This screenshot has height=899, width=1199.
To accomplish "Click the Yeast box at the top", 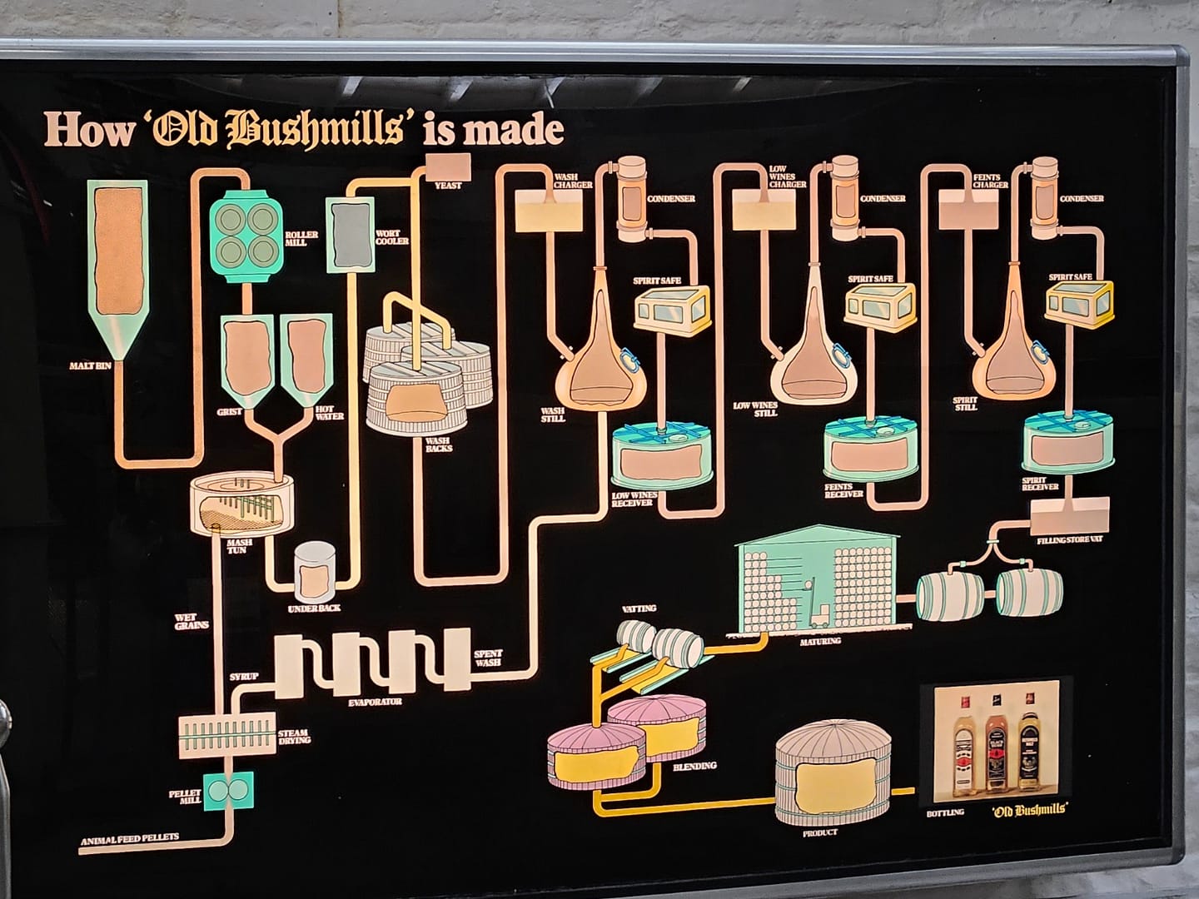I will [449, 166].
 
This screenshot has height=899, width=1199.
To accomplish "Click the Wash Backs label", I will [439, 444].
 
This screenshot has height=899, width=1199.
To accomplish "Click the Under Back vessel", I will [315, 572].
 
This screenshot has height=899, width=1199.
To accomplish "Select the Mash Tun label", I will [236, 546].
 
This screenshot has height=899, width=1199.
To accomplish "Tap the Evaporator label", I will [375, 702].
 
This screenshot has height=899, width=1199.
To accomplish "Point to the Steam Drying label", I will [295, 736].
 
